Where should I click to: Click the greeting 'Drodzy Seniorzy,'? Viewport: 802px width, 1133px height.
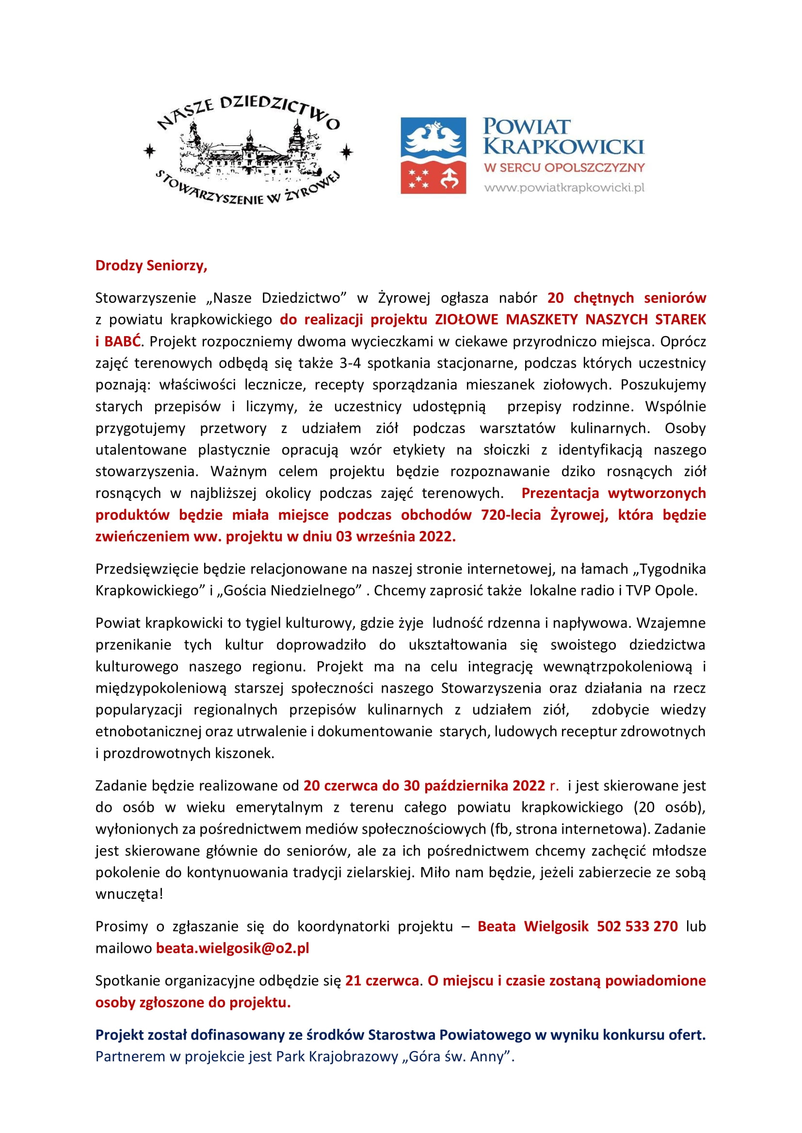(151, 265)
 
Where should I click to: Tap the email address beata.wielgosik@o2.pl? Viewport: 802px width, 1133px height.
(232, 948)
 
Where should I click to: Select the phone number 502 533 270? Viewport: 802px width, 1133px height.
(637, 926)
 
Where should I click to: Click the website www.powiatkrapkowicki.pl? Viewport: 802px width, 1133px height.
(564, 187)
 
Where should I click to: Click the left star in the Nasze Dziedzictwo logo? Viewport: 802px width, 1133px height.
(149, 152)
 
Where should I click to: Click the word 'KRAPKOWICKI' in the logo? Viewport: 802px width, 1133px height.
(563, 147)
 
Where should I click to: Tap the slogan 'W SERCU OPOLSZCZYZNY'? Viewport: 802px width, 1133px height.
(564, 168)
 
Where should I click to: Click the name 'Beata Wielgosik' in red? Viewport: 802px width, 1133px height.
(533, 926)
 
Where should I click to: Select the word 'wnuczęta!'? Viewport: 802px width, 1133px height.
(129, 894)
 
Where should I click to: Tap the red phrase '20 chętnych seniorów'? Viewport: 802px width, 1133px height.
(626, 297)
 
